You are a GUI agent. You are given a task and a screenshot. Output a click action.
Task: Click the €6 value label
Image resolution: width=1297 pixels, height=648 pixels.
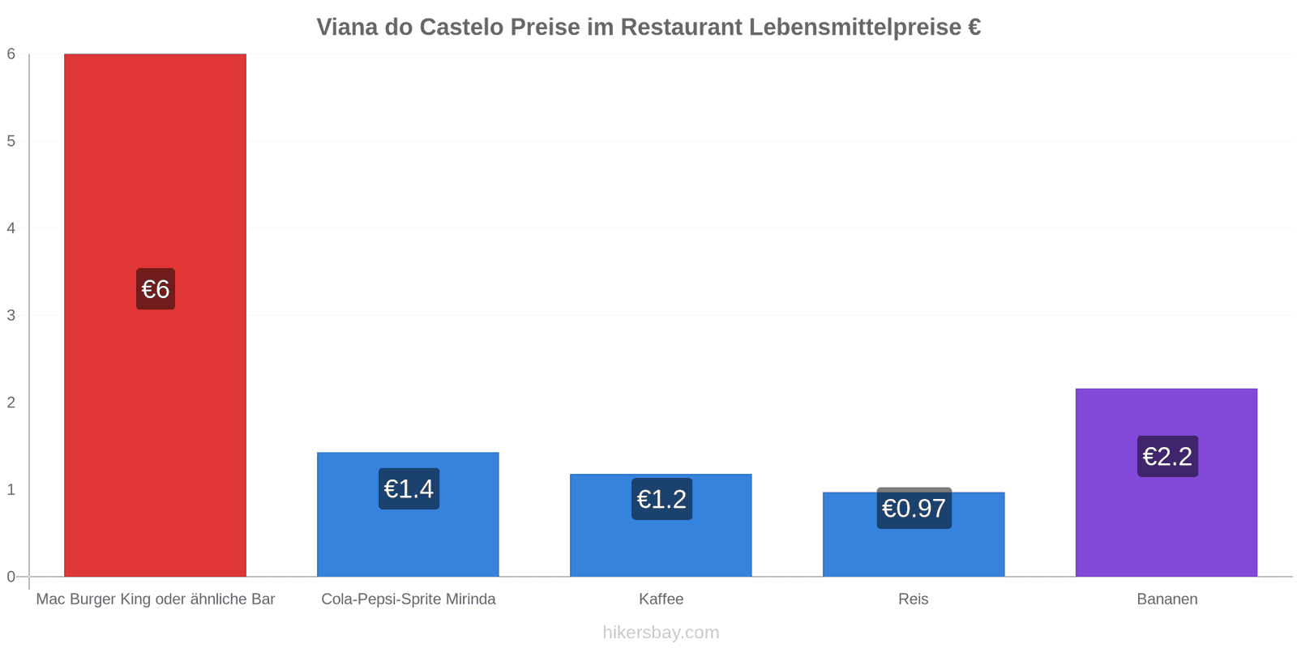156,289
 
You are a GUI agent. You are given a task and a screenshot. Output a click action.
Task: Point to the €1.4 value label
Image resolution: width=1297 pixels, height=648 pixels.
409,489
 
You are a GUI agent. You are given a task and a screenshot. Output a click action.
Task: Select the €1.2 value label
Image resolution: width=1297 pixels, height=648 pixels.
661,499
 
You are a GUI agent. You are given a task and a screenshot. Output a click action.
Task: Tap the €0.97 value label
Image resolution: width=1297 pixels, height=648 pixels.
914,509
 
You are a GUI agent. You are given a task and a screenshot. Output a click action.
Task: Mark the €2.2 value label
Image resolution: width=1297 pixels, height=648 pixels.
1167,457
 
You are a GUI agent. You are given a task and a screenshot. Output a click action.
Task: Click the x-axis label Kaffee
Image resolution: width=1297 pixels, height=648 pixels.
661,599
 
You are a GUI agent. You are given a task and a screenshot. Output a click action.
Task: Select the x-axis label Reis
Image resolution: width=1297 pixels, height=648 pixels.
914,599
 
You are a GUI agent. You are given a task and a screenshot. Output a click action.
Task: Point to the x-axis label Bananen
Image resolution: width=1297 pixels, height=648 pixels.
1166,599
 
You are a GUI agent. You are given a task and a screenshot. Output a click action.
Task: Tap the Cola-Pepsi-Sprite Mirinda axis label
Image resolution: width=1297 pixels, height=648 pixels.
408,599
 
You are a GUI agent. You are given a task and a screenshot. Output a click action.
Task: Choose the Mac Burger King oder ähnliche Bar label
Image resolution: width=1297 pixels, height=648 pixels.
156,599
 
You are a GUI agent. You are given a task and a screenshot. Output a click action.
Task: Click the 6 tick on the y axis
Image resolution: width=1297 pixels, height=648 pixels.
11,54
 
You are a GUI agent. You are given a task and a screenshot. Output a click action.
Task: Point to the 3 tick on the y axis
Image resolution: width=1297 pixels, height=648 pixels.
11,315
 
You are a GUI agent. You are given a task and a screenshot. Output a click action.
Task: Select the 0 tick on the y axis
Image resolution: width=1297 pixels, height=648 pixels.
11,577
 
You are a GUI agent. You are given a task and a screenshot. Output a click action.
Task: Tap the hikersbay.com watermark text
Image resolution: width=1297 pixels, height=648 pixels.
661,633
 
